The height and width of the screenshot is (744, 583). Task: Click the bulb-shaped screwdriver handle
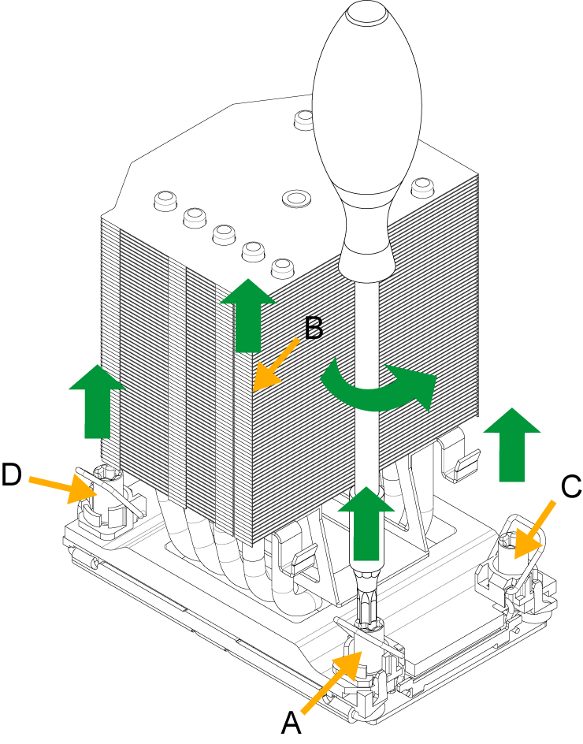click(x=366, y=102)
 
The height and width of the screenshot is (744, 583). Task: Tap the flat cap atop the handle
click(x=366, y=12)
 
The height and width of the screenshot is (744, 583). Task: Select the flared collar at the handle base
click(x=366, y=260)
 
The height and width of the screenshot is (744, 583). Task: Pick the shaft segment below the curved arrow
click(x=366, y=449)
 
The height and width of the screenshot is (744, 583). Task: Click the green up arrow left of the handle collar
click(x=247, y=315)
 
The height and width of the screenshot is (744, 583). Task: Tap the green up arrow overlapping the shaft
click(x=366, y=524)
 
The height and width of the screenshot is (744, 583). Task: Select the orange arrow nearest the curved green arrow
click(x=276, y=365)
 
